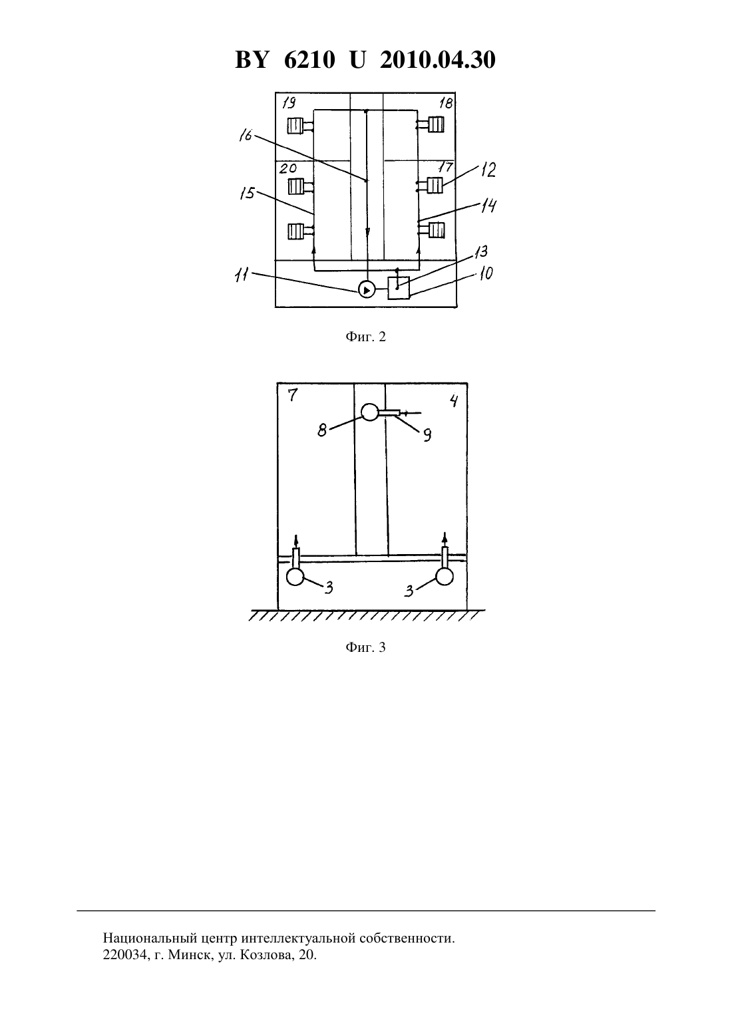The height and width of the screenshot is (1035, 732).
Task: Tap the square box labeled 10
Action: coord(399,288)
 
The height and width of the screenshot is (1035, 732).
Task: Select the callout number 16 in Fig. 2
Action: coord(246,135)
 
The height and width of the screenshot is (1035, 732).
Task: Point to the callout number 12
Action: coord(488,170)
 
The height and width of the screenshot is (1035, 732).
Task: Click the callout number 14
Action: coord(488,206)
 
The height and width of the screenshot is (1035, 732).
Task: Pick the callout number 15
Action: coord(248,193)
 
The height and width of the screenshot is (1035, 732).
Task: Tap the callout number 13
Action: coord(480,252)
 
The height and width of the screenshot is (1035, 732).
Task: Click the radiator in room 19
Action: coord(295,126)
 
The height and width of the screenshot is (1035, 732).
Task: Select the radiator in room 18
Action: coord(436,125)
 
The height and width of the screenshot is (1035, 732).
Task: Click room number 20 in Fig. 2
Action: coord(288,168)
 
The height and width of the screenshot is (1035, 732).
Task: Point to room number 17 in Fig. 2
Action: coord(445,166)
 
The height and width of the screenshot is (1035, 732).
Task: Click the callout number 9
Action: coord(427,435)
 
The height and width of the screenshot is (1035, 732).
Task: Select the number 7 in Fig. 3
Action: coord(292,395)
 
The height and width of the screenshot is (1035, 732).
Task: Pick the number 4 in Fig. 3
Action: coord(455,400)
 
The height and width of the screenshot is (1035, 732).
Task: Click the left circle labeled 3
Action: coord(295,577)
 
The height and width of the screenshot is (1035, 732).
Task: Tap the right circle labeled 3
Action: coord(445,577)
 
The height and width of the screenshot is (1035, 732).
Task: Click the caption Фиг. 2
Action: coord(365,337)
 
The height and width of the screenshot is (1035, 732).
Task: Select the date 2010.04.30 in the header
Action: coord(438,60)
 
